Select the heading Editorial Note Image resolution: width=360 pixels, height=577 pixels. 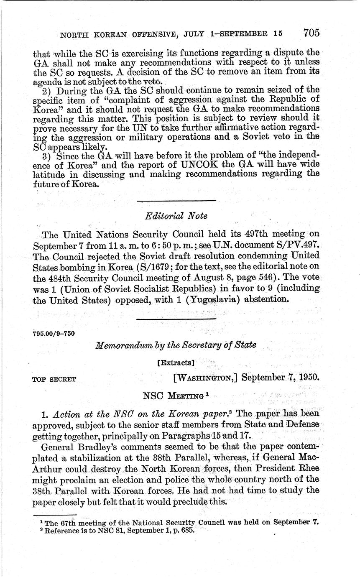176,216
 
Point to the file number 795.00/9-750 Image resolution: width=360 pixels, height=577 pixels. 53,333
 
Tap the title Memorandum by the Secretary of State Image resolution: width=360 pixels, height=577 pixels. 176,345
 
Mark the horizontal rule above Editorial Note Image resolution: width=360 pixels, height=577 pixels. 176,201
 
